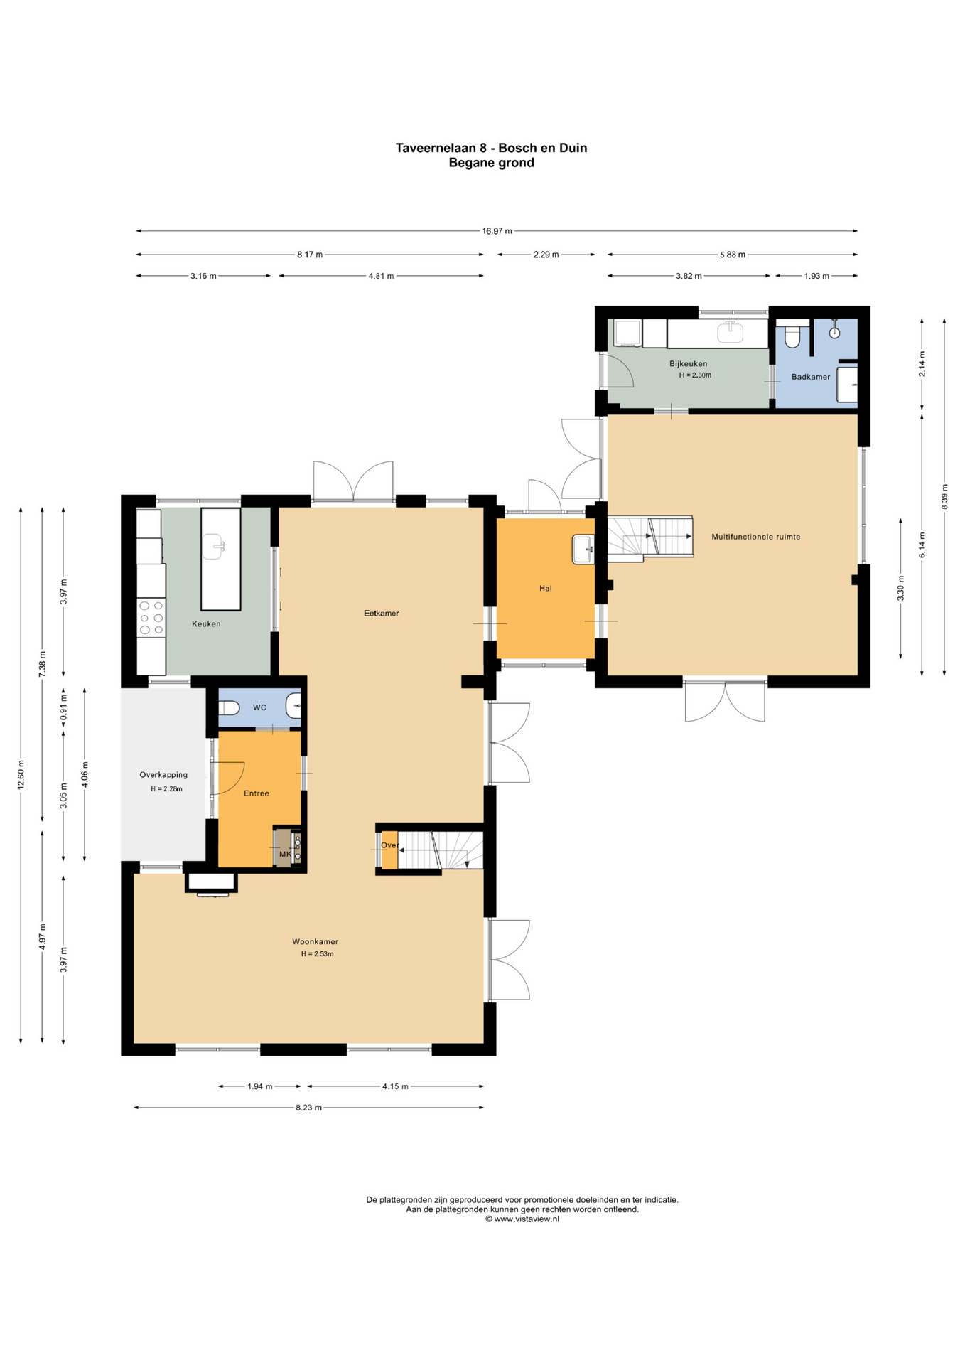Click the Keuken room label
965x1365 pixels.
(x=206, y=624)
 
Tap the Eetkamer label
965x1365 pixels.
(x=381, y=613)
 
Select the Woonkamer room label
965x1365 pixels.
(x=315, y=941)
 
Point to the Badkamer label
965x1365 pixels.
(x=810, y=377)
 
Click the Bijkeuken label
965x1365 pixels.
(x=688, y=363)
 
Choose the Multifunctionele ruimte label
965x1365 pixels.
(x=755, y=537)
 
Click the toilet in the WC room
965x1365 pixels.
(x=229, y=708)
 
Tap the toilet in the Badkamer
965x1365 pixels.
(x=792, y=336)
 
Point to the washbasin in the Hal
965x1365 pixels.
(x=583, y=549)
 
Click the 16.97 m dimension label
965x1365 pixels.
(x=497, y=231)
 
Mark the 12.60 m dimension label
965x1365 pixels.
(x=21, y=774)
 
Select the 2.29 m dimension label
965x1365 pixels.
(x=546, y=255)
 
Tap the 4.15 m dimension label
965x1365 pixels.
(x=395, y=1086)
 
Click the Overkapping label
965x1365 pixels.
(x=163, y=775)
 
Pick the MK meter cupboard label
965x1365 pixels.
(x=284, y=854)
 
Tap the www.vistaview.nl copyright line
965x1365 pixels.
(x=522, y=1219)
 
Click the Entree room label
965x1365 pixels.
(x=256, y=793)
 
